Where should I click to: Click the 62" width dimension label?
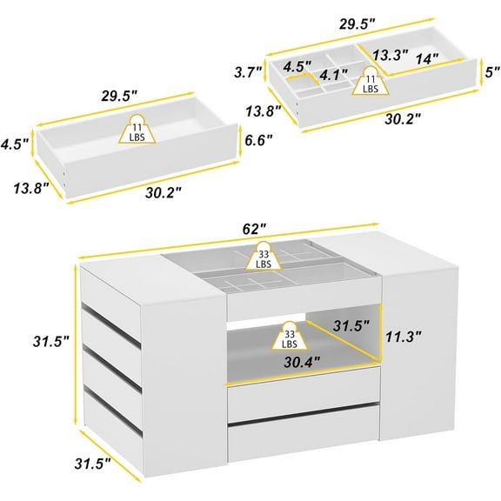[x=255, y=229]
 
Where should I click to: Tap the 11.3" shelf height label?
[x=404, y=336]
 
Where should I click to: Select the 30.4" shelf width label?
[x=302, y=362]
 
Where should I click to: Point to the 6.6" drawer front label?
[x=259, y=140]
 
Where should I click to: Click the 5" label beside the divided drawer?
[x=492, y=72]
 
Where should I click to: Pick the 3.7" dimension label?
[x=248, y=72]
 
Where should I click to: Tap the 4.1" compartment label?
[x=334, y=75]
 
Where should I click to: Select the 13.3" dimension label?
[x=391, y=55]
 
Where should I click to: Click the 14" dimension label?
[x=427, y=59]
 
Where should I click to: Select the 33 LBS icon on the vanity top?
[x=264, y=256]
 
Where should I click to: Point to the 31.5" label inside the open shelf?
[x=351, y=326]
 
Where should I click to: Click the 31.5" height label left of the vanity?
[x=51, y=342]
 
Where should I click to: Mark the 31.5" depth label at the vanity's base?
[x=93, y=464]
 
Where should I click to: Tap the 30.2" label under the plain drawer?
[x=164, y=193]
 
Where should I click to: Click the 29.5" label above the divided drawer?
[x=357, y=24]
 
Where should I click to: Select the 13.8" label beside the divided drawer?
[x=264, y=110]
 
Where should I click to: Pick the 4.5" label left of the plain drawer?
[x=15, y=144]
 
